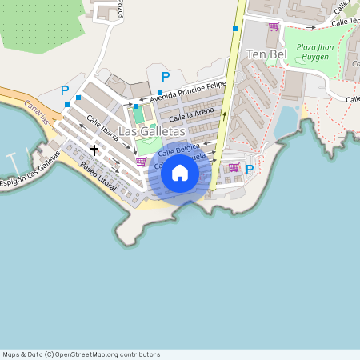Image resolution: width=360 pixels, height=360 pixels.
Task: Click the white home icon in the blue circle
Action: click(x=180, y=173)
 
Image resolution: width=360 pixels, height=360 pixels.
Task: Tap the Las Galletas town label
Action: click(x=152, y=130)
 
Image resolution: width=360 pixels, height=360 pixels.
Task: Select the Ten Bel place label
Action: click(x=267, y=54)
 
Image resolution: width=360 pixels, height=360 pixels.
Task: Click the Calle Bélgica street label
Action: click(x=178, y=149)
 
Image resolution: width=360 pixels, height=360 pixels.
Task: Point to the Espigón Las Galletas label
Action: click(x=30, y=170)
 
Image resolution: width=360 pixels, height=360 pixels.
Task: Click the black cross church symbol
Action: click(x=94, y=150)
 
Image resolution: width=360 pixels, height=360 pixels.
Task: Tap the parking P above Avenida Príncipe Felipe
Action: click(x=166, y=77)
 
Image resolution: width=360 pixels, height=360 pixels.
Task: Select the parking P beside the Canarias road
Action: click(x=65, y=91)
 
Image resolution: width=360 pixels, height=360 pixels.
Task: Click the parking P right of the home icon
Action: click(x=250, y=169)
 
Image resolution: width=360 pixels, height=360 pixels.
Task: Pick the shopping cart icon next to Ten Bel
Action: click(x=274, y=26)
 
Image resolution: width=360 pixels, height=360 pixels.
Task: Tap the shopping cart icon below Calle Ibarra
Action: click(x=141, y=161)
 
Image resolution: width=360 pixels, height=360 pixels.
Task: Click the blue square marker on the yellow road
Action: click(x=235, y=29)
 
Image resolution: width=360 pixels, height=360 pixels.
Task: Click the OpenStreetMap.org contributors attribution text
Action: click(x=112, y=354)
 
